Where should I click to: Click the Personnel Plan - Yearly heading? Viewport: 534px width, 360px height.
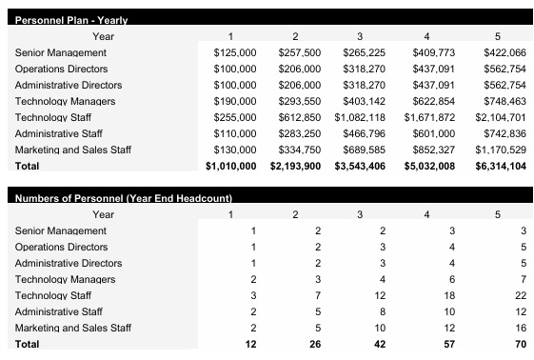pyautogui.click(x=72, y=19)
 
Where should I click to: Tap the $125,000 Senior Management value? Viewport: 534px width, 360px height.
pyautogui.click(x=235, y=52)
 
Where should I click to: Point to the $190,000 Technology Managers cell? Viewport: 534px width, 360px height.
pyautogui.click(x=235, y=101)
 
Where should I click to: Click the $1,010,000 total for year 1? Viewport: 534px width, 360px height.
pyautogui.click(x=231, y=166)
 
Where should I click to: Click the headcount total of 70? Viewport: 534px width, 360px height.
pyautogui.click(x=519, y=344)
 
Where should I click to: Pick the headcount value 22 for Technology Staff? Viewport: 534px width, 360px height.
pyautogui.click(x=520, y=295)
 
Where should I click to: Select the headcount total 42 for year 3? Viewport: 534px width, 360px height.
pyautogui.click(x=382, y=344)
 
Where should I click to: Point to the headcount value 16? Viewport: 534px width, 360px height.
pyautogui.click(x=520, y=328)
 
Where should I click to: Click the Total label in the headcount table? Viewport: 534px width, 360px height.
pyautogui.click(x=29, y=344)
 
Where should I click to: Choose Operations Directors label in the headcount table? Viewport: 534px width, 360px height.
pyautogui.click(x=62, y=247)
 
